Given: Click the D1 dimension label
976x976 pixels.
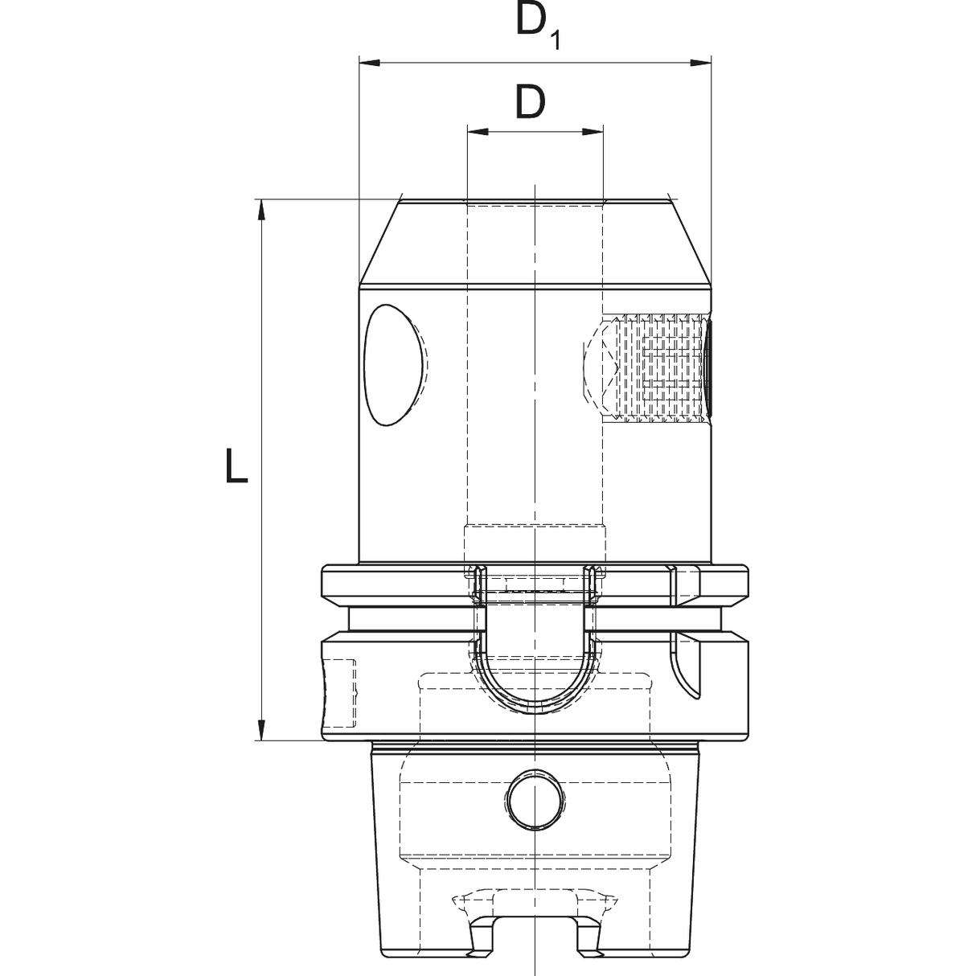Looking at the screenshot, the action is pyautogui.click(x=538, y=27).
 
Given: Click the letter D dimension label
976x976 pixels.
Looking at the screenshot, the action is pyautogui.click(x=530, y=102).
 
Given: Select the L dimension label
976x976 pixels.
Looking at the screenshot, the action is pyautogui.click(x=236, y=465).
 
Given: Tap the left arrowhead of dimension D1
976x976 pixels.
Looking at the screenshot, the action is pyautogui.click(x=369, y=63).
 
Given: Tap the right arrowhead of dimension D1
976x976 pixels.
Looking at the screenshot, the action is pyautogui.click(x=701, y=63).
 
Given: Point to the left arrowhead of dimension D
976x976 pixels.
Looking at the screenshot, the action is pyautogui.click(x=478, y=132).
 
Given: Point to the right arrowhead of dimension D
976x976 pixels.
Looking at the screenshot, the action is pyautogui.click(x=593, y=132).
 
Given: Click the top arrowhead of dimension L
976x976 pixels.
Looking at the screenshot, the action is pyautogui.click(x=261, y=210).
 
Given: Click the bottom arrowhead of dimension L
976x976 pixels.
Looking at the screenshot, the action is pyautogui.click(x=261, y=730).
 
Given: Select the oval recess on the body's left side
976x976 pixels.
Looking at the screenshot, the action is pyautogui.click(x=394, y=365).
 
